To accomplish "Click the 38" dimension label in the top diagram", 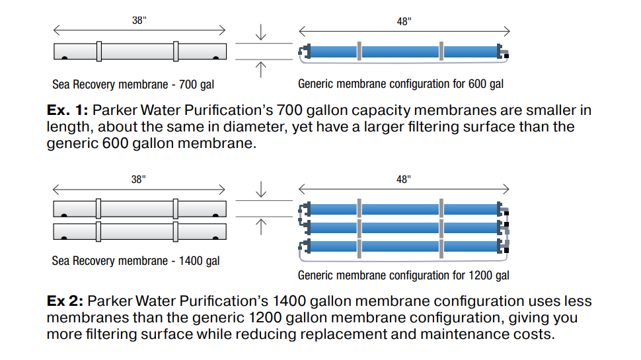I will (x=139, y=20).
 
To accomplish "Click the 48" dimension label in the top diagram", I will (x=404, y=21).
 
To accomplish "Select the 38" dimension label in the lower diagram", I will (x=138, y=180).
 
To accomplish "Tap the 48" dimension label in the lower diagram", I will (x=404, y=180).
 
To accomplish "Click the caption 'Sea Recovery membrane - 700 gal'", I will (x=133, y=85).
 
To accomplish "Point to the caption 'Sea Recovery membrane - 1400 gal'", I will (x=135, y=261).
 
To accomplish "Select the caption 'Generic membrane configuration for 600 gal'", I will (x=400, y=84).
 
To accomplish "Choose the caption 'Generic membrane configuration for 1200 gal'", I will (x=403, y=275).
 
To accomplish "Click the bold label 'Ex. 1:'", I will (x=67, y=110).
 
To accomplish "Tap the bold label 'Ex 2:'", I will (x=65, y=302).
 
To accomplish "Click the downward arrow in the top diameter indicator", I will (x=261, y=33).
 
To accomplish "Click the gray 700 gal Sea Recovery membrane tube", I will (x=139, y=52).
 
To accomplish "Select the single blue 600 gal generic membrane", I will (x=400, y=52).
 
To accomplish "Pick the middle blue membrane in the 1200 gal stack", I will (x=400, y=228).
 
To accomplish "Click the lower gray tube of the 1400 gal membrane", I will (x=139, y=231).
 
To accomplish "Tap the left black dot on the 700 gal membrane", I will (x=64, y=59).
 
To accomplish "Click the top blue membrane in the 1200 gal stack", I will (x=400, y=209).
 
